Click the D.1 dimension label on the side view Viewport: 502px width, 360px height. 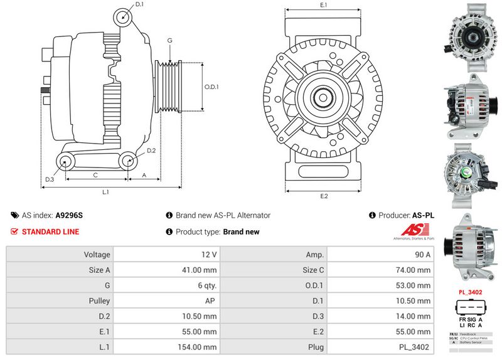(x=139, y=4)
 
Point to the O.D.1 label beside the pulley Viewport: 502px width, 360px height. (x=211, y=87)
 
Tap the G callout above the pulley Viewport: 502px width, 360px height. (x=169, y=41)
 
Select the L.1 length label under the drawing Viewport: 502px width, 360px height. (x=106, y=191)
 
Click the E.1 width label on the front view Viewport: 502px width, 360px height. (x=324, y=5)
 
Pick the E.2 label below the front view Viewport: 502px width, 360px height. (x=324, y=196)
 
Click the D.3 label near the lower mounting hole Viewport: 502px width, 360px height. (x=49, y=180)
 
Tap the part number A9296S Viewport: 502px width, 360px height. (x=69, y=215)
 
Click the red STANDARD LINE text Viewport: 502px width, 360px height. (x=50, y=232)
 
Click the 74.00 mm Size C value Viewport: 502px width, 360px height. (x=415, y=270)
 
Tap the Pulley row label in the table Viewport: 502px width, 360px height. (x=100, y=300)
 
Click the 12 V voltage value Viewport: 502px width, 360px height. (x=210, y=255)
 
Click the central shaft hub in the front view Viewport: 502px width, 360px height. (x=324, y=98)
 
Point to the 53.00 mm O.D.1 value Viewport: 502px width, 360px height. (x=415, y=285)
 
